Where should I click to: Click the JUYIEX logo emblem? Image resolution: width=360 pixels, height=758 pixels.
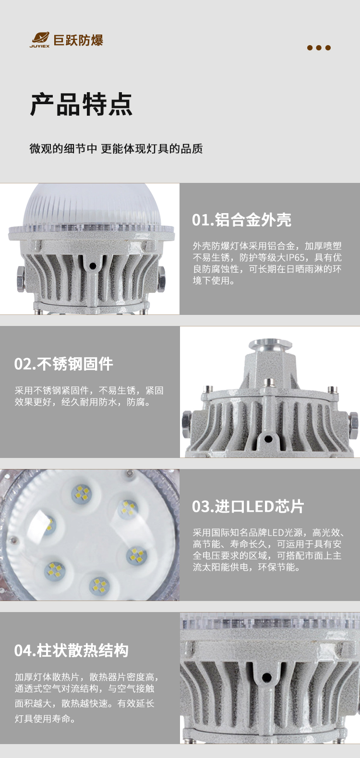[39, 39]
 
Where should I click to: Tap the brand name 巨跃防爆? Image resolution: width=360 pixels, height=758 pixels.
[78, 40]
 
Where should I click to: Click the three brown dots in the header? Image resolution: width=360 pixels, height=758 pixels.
[319, 48]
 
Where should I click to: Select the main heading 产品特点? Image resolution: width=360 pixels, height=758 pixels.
[81, 104]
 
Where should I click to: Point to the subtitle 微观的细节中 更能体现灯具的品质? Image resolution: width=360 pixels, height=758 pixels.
[116, 148]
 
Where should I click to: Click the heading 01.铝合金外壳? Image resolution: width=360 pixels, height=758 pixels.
[241, 220]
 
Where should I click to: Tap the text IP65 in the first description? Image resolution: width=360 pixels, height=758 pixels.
[295, 257]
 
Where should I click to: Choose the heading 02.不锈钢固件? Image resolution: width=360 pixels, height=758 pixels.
[64, 364]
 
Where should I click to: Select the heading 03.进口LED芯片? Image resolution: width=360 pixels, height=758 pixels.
[248, 506]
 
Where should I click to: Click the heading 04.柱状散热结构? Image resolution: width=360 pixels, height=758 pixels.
[72, 650]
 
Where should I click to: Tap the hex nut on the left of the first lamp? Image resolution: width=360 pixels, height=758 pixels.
[20, 279]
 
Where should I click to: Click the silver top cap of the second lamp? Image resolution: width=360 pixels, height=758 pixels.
[270, 345]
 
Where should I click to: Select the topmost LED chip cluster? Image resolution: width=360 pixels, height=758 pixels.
[82, 493]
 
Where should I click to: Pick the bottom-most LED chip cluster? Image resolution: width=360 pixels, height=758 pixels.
[99, 585]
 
